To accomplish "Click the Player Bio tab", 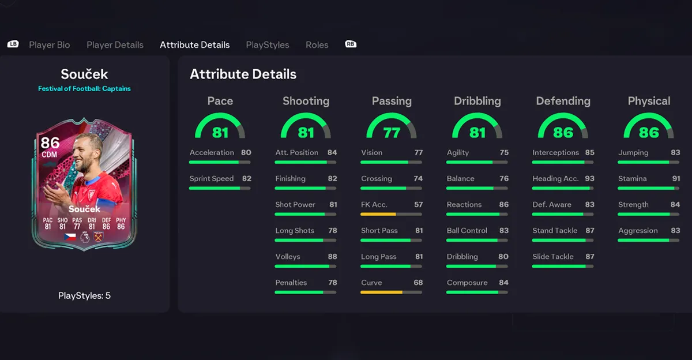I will tap(50, 45).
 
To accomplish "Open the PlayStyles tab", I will tap(268, 45).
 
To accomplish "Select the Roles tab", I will tap(317, 45).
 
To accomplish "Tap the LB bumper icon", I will tap(13, 44).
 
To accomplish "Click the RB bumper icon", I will tap(350, 44).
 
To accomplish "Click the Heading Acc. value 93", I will tap(589, 179).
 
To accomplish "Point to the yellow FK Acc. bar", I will tap(378, 214).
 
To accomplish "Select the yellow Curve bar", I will tap(381, 292).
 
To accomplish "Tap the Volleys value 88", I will tap(332, 257).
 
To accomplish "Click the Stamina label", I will tap(632, 179).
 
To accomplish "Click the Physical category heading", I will tap(649, 101).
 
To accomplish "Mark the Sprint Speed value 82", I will tap(247, 179).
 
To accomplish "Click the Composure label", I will tap(467, 283).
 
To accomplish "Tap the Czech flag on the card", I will tap(70, 237).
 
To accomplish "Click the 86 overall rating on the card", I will tap(50, 143).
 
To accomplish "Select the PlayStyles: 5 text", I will tap(84, 295).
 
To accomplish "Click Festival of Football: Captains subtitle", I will tap(84, 89).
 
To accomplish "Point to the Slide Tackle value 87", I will tap(589, 257).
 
